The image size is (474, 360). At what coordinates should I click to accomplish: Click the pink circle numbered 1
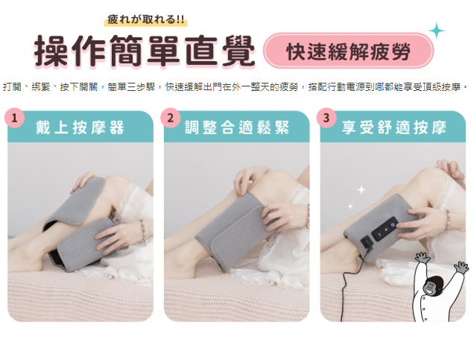[14, 118]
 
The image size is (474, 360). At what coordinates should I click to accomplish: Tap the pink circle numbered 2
[171, 118]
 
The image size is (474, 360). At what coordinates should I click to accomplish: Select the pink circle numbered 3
[326, 118]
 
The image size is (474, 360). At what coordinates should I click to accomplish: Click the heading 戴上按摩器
[80, 127]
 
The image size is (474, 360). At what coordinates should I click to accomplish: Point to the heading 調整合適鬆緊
[237, 127]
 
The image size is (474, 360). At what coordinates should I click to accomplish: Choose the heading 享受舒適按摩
[394, 127]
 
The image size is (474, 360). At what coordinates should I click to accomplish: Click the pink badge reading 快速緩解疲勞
[348, 51]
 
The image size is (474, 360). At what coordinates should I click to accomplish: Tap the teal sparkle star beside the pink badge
[437, 31]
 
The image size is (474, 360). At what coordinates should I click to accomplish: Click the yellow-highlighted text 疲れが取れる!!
[146, 20]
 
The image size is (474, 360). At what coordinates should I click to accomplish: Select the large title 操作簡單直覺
[145, 51]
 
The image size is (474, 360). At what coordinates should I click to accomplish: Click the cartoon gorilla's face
[432, 286]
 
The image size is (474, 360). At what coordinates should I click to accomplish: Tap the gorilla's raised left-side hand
[422, 258]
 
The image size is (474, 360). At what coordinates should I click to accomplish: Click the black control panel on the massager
[385, 229]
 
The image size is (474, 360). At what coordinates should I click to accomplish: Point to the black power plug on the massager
[367, 243]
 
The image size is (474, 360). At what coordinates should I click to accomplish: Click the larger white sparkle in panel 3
[361, 190]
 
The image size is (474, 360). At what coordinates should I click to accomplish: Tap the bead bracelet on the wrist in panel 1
[143, 229]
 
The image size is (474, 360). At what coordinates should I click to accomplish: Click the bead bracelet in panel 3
[448, 218]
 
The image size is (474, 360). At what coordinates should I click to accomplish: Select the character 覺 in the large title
[238, 51]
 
